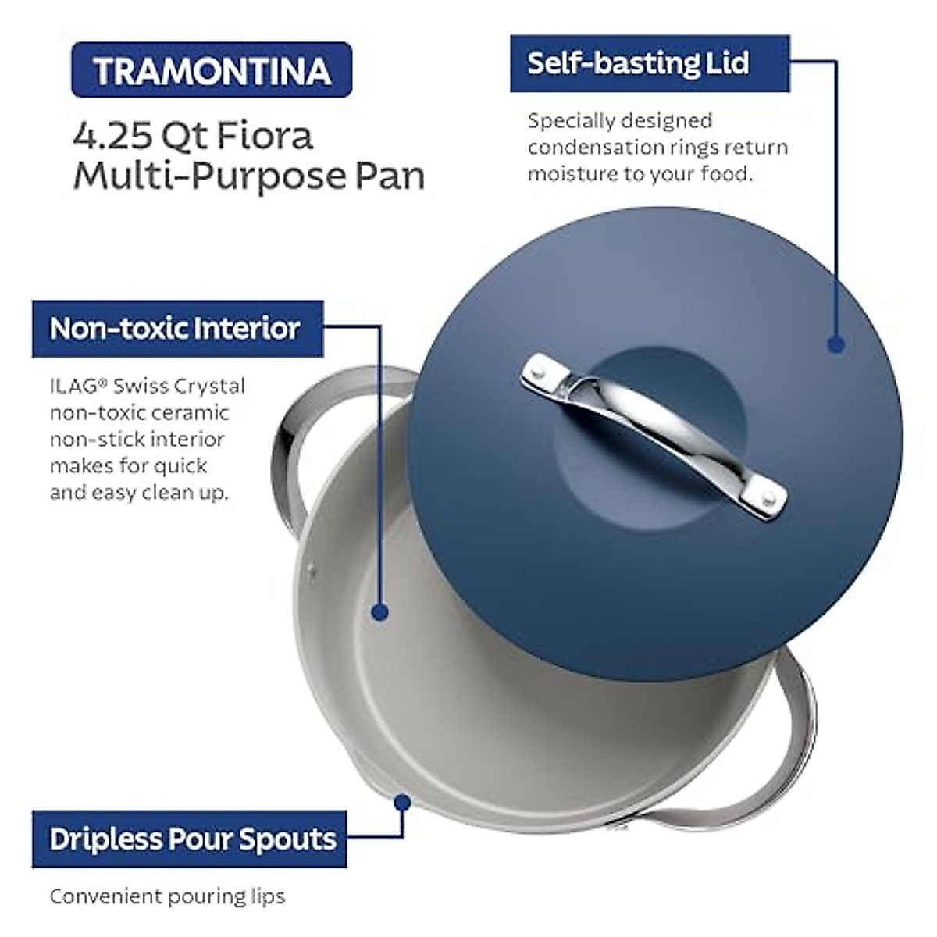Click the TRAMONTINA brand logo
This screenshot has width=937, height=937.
212,71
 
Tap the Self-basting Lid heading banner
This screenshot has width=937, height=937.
638,63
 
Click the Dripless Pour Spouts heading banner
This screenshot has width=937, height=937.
192,839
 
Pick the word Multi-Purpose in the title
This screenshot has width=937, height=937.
198,176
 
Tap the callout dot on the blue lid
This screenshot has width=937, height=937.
835,344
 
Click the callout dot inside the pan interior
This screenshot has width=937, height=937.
379,612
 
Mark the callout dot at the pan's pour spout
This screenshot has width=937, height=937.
403,802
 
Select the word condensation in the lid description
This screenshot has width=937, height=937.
581,147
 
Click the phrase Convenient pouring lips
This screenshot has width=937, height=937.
167,896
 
